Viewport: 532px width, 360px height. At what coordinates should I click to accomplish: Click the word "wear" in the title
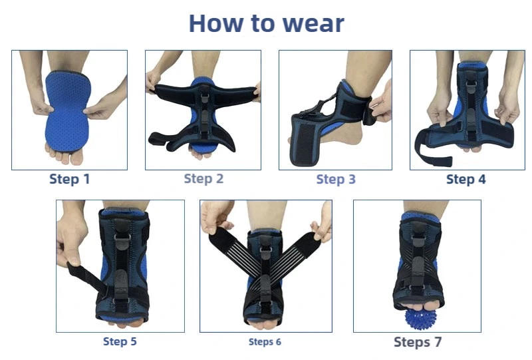[x=313, y=24]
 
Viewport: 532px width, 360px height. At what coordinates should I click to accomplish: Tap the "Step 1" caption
[x=70, y=179]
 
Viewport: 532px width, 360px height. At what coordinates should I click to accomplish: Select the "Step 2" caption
[x=203, y=178]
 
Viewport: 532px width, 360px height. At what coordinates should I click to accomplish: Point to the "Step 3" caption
[x=336, y=179]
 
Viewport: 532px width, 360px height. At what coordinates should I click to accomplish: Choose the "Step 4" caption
[x=466, y=179]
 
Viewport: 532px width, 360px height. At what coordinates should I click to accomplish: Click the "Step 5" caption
[x=120, y=341]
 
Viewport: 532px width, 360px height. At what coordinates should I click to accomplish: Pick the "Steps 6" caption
[x=265, y=341]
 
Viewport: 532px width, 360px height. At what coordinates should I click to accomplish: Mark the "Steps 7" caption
[x=418, y=342]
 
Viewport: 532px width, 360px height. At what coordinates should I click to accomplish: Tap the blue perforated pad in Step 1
[x=68, y=110]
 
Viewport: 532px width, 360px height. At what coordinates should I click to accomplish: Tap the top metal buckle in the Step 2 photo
[x=204, y=98]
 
